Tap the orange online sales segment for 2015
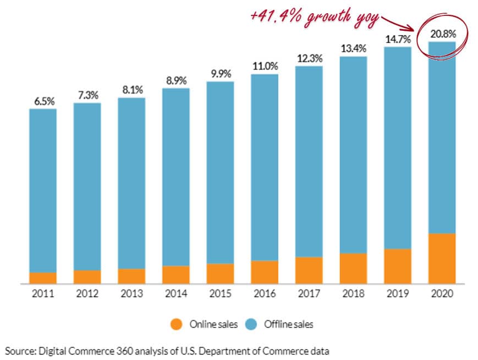(220, 273)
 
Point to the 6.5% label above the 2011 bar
(43, 101)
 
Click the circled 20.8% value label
(443, 34)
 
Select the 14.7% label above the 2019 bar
(398, 39)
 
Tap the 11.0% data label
(265, 66)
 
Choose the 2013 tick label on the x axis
(131, 294)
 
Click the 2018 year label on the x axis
(354, 294)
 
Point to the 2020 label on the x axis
(442, 294)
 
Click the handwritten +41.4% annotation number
(276, 16)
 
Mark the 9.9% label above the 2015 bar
(220, 74)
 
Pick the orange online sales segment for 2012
(87, 276)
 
